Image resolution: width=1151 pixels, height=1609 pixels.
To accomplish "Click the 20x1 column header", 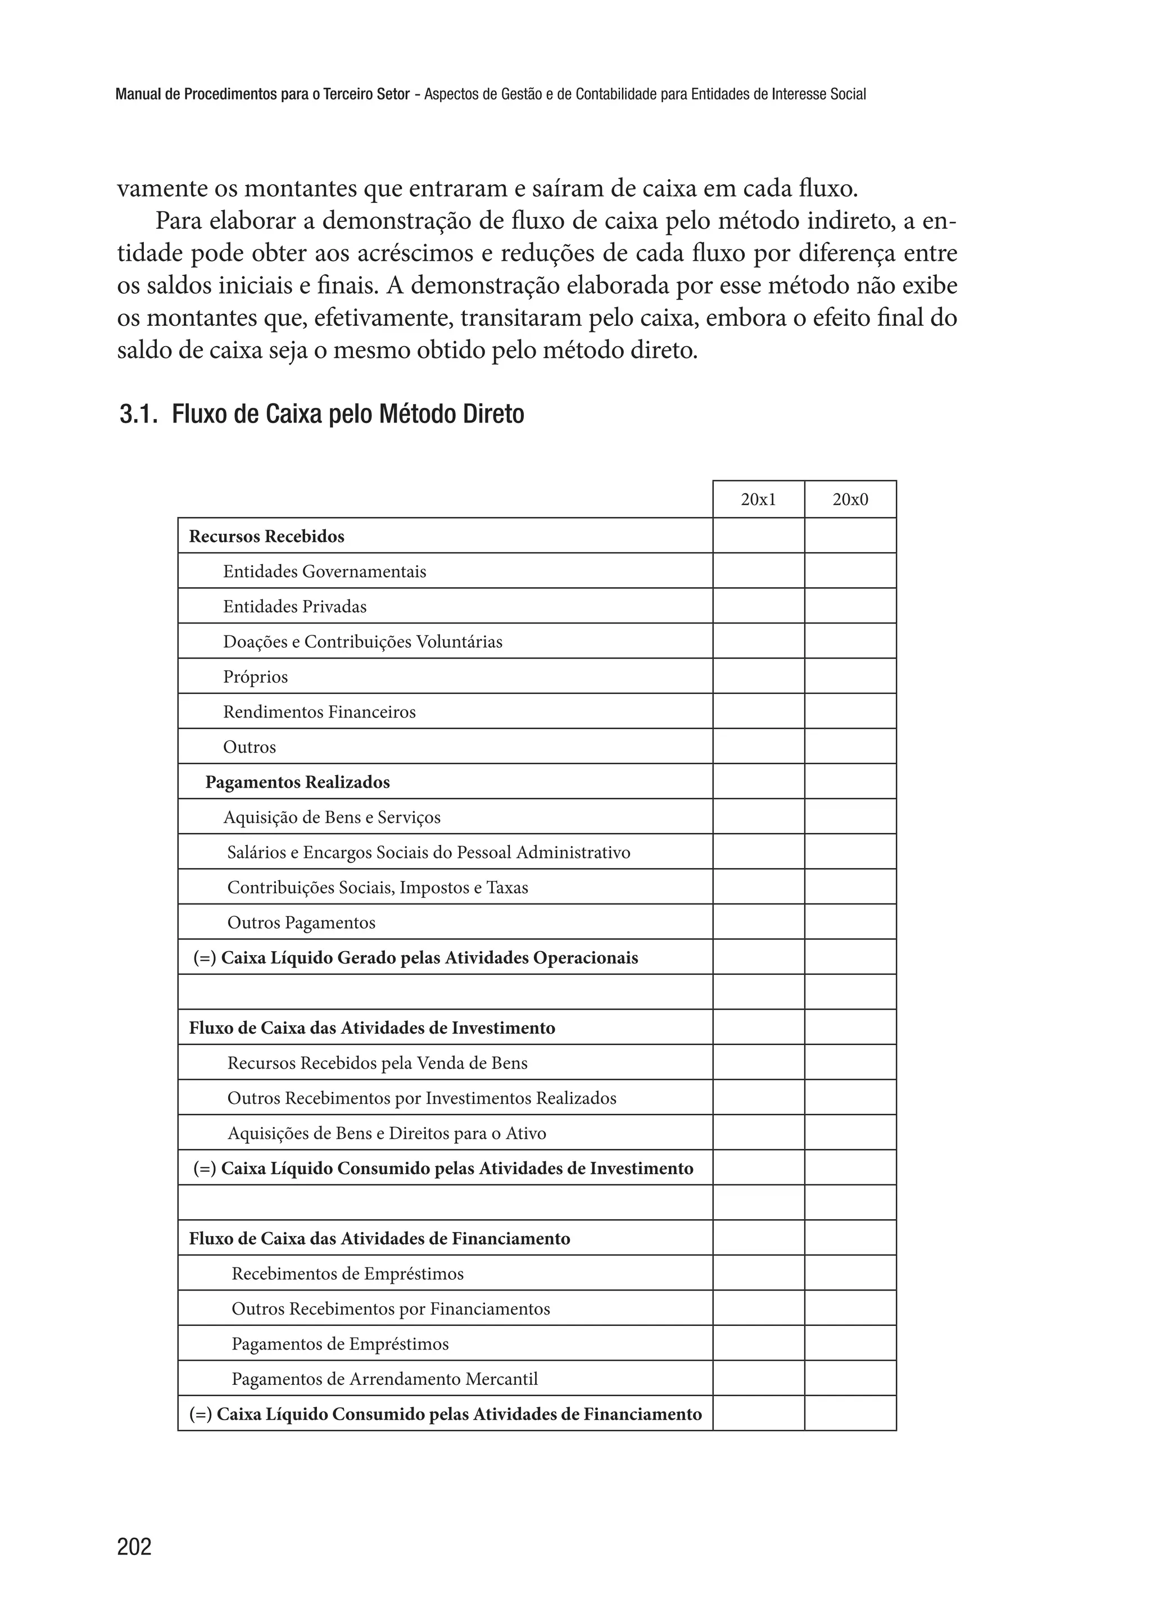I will pos(758,499).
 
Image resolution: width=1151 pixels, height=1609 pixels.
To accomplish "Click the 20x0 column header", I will pos(850,499).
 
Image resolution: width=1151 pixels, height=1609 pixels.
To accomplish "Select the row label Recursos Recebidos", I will pos(266,537).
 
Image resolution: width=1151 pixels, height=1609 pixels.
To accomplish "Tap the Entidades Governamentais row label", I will pos(325,571).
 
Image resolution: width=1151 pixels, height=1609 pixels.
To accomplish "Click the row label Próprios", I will pos(255,676).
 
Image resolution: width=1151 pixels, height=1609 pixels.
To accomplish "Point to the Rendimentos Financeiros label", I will pos(319,711).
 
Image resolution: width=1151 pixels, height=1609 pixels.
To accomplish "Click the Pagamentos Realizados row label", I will pos(298,782).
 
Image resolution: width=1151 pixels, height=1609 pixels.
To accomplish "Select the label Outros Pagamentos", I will pos(301,922).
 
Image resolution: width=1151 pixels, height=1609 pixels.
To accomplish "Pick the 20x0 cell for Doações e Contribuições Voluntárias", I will pos(850,641).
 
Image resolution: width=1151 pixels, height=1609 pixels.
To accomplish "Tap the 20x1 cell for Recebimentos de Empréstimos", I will pos(758,1273).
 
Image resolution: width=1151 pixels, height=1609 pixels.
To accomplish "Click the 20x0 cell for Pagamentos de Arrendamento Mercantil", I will pos(850,1379).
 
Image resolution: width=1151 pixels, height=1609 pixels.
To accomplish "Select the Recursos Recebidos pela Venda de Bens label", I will pos(377,1063).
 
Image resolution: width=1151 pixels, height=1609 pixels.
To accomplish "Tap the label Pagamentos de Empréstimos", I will pos(340,1344).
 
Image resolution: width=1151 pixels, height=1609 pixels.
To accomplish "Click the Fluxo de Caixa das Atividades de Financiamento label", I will pos(379,1238).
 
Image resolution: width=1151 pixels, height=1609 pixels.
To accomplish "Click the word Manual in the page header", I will pos(138,94).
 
